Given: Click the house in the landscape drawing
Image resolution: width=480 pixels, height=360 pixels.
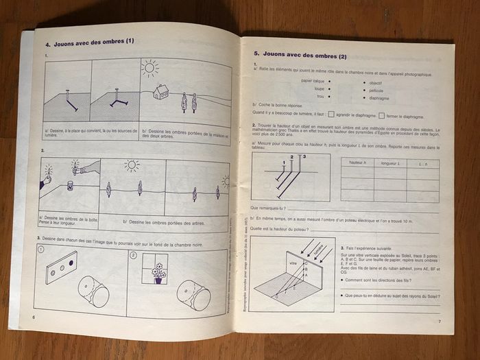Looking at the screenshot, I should click(162, 91).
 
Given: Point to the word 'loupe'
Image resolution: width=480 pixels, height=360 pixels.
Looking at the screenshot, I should click(319, 89).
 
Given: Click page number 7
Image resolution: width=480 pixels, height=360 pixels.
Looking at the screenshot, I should click(440, 322).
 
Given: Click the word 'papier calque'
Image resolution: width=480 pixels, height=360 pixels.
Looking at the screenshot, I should click(313, 81).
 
